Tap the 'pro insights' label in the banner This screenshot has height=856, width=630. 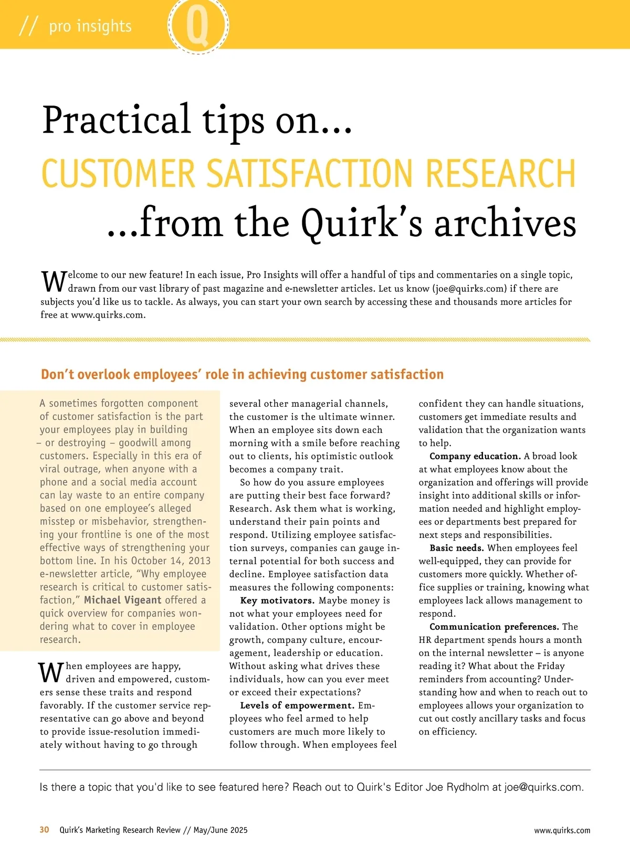[x=90, y=26]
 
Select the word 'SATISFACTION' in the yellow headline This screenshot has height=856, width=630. [x=310, y=173]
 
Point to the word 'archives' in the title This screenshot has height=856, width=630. [x=505, y=223]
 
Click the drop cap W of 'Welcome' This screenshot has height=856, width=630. [x=54, y=281]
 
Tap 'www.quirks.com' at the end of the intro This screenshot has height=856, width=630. [x=108, y=315]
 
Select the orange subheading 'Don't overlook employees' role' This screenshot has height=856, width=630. [x=242, y=374]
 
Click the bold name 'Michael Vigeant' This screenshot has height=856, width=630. [x=122, y=600]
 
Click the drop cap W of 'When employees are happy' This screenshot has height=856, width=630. [x=50, y=672]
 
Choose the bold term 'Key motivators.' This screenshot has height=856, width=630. [x=277, y=600]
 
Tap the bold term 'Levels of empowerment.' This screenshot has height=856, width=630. [x=297, y=705]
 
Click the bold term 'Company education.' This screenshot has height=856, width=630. [x=475, y=456]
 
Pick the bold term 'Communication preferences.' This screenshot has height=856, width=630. [x=494, y=627]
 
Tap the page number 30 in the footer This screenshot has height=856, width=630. [x=45, y=830]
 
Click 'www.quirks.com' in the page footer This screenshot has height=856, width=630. [x=562, y=830]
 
